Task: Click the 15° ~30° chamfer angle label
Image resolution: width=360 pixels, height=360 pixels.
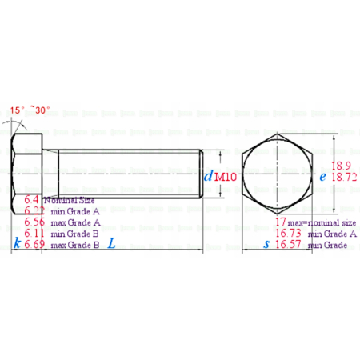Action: (x=30, y=110)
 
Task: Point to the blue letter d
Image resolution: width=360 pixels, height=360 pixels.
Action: (x=208, y=177)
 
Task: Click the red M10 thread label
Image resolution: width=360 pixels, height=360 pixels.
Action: (x=225, y=177)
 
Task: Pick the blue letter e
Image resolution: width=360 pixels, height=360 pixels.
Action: (x=322, y=177)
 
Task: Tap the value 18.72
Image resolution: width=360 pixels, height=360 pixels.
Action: (x=343, y=177)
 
